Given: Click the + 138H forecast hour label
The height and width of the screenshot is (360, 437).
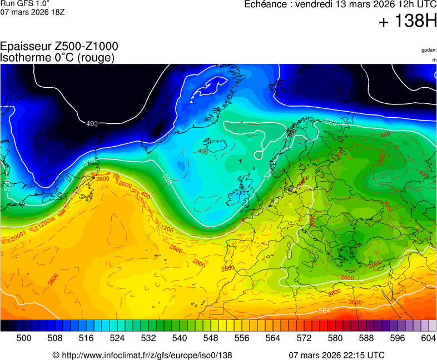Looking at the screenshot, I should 408,22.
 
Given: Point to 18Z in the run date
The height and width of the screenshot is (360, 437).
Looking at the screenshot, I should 58,12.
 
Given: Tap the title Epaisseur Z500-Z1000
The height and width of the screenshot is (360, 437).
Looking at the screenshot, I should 59,47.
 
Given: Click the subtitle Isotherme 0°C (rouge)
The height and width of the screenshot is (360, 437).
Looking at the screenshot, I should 57,57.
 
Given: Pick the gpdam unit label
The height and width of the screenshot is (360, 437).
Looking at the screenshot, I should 429,50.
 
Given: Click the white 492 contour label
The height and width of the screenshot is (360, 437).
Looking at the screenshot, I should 92,123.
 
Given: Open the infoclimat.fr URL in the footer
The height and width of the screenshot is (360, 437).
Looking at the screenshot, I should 146,355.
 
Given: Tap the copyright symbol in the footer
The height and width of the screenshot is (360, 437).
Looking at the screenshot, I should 56,355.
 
